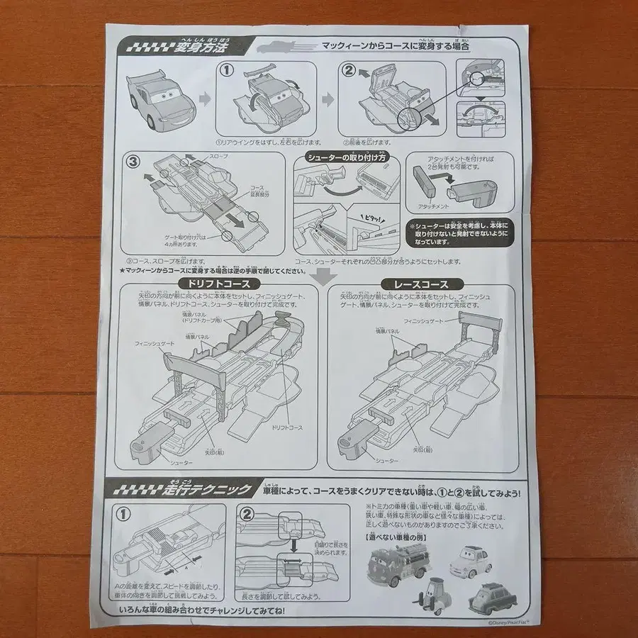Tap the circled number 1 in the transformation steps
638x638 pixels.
pos(226,71)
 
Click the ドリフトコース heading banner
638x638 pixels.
pos(211,283)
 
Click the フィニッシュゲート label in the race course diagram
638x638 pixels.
pos(423,321)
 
